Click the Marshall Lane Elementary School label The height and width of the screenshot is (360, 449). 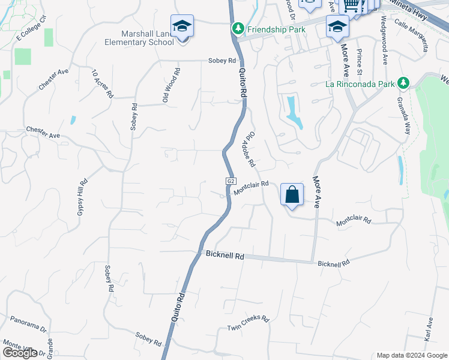point(138,38)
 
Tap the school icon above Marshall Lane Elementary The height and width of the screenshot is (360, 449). point(182,26)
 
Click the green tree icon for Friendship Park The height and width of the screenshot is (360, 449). point(238,28)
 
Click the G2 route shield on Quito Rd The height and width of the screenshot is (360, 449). point(231,181)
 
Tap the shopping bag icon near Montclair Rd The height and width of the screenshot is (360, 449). point(292,195)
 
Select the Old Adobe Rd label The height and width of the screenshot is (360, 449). point(249,150)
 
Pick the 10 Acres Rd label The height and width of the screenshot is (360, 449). point(102,84)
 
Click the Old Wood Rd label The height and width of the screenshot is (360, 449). point(172,85)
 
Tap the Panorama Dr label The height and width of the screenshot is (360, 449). point(28,325)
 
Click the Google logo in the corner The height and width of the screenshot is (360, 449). point(20,353)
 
